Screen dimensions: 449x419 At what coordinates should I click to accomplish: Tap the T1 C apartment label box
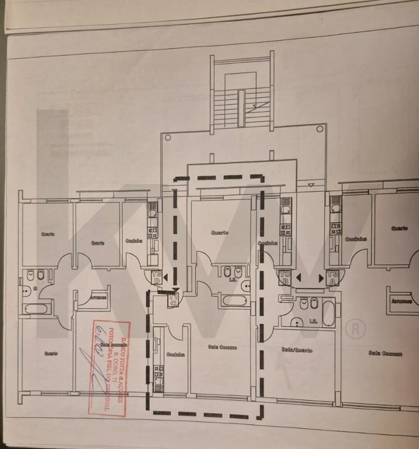pos(174,300)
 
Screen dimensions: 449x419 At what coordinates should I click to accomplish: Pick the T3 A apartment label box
pos(332,277)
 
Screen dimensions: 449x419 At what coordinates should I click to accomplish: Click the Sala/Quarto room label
pos(297,350)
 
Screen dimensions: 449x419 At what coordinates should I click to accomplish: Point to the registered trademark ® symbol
pos(355,329)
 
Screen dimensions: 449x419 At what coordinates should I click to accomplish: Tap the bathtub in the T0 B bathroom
pos(328,313)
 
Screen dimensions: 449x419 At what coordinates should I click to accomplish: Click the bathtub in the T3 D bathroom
pos(34,308)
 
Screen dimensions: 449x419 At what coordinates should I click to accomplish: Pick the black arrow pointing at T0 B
pos(298,278)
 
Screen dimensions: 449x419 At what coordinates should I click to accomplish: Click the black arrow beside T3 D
pos(165,277)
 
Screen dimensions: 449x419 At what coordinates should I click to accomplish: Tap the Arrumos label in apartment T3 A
pos(402,301)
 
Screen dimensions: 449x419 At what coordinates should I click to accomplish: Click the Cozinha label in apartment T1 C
pos(175,355)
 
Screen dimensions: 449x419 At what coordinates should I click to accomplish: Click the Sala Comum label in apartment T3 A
pos(385,354)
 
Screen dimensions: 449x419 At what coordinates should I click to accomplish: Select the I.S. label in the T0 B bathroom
pos(313,321)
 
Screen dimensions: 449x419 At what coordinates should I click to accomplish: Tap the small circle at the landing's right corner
pos(319,129)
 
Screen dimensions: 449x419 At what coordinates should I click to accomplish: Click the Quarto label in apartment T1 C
pos(220,233)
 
